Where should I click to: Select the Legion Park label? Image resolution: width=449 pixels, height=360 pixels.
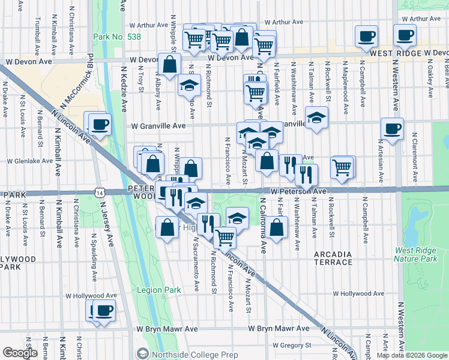(158, 290)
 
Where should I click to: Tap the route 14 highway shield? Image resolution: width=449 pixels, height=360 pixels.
(98, 192)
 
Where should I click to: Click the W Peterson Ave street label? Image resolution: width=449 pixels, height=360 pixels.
(298, 191)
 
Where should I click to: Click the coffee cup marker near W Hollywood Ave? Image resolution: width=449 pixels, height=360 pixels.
(104, 310)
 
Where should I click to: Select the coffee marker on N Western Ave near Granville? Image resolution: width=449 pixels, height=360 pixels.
(392, 128)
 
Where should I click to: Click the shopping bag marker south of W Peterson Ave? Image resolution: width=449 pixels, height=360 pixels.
(276, 227)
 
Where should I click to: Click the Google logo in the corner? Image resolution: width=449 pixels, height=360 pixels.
(21, 353)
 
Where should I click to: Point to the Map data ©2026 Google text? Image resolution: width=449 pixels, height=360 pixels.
(411, 355)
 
